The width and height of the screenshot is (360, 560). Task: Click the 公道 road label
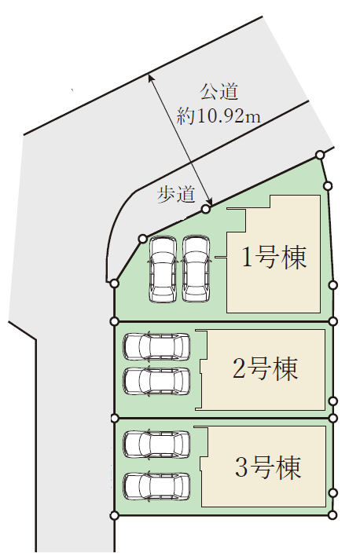point(219,91)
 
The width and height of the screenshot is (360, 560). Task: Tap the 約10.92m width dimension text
point(219,115)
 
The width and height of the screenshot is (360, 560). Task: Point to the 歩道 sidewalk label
point(177,195)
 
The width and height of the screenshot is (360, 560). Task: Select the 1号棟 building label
point(274,257)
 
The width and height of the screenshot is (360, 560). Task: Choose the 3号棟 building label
point(268,467)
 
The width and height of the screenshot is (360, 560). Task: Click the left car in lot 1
point(163,269)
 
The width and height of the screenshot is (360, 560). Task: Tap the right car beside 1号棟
point(196,269)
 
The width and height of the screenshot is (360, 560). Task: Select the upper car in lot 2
point(156,346)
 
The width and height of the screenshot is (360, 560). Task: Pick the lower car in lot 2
point(156,381)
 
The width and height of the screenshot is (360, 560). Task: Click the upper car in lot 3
point(156,445)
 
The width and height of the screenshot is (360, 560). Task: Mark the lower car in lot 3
point(156,486)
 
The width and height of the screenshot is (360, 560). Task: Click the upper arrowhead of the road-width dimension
point(150,76)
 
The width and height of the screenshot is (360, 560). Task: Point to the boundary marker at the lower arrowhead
point(205,209)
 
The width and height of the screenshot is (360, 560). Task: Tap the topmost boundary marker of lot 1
point(320,155)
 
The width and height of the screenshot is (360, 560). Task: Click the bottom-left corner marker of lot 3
point(115,515)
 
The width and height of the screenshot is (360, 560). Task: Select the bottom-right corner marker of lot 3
point(332,515)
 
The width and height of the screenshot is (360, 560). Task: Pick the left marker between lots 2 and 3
point(115,418)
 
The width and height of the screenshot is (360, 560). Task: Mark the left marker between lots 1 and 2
point(115,321)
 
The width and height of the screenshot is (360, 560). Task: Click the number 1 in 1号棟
point(247,257)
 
